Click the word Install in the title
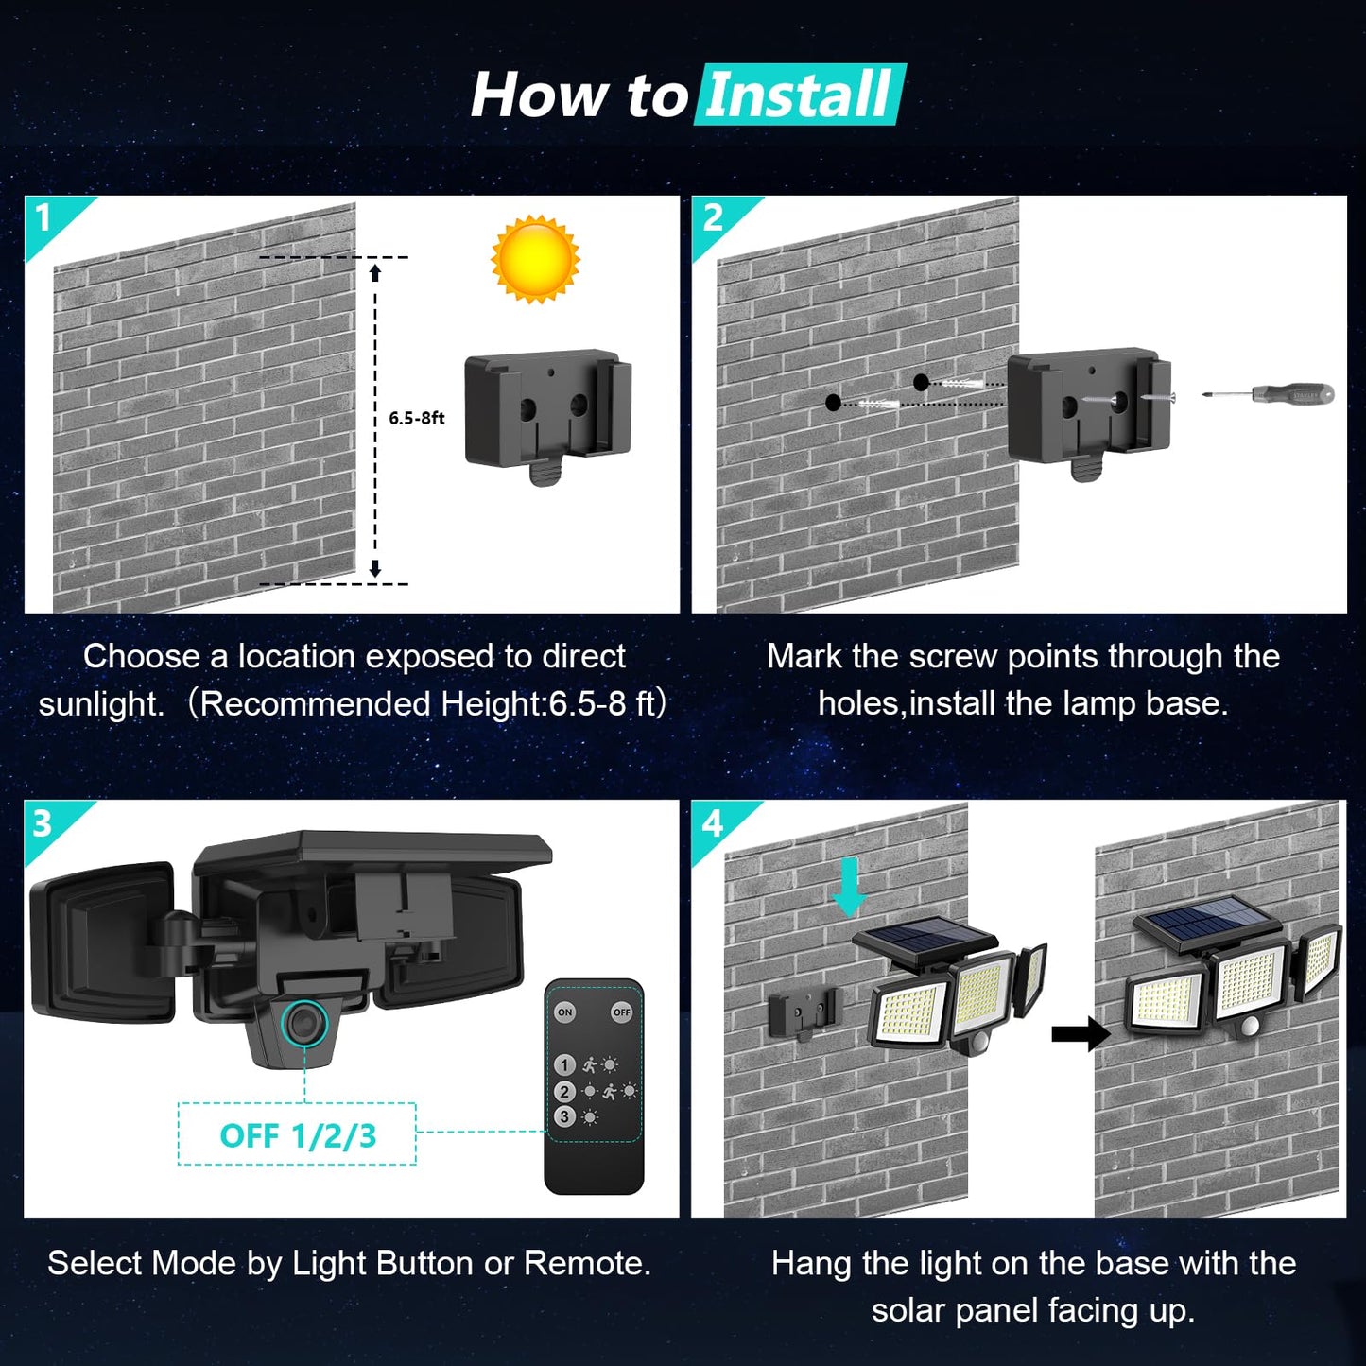(x=800, y=95)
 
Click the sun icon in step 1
(x=535, y=259)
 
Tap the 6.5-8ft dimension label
(x=416, y=418)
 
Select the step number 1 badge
(x=43, y=218)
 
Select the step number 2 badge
(x=713, y=218)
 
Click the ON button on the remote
(x=564, y=1012)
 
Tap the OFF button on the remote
(x=621, y=1012)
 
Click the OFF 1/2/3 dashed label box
(x=297, y=1134)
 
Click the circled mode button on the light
(x=304, y=1024)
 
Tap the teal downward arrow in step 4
(x=848, y=887)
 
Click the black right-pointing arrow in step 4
(x=1081, y=1033)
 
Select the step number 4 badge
(x=712, y=823)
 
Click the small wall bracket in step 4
(x=804, y=1013)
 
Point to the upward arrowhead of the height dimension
(x=375, y=272)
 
